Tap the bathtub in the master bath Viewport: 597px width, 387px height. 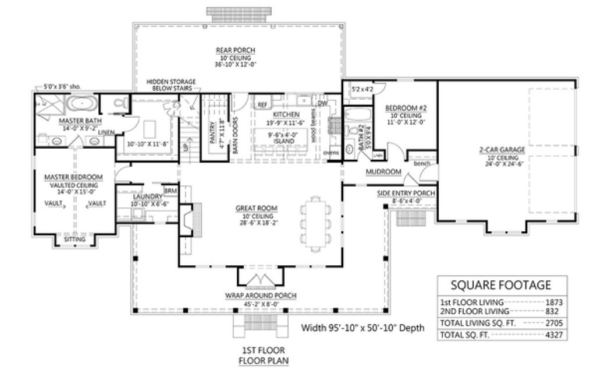point(81,105)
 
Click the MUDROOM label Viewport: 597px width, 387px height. point(384,172)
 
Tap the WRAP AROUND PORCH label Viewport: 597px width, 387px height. point(260,296)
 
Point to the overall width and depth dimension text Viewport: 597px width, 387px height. point(363,328)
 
